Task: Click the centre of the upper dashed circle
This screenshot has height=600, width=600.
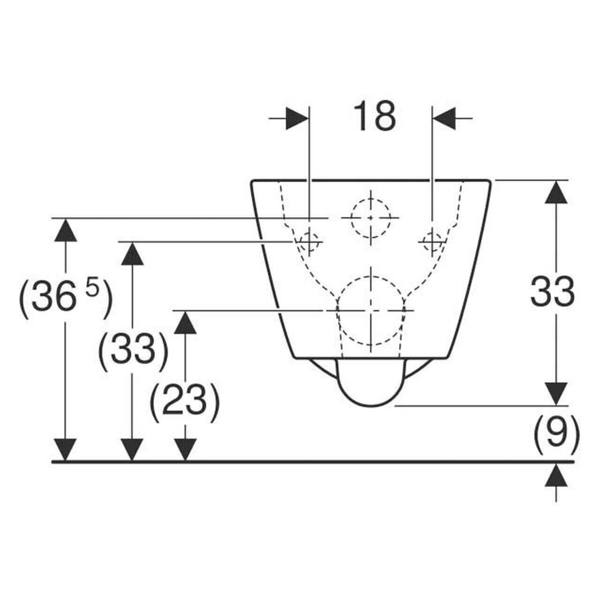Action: click(x=370, y=218)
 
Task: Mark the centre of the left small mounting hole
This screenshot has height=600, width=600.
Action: click(x=309, y=241)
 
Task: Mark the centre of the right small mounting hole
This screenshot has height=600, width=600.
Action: click(x=432, y=241)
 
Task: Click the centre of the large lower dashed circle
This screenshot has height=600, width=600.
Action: click(x=370, y=310)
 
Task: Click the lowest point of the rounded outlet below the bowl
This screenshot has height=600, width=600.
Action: click(x=371, y=406)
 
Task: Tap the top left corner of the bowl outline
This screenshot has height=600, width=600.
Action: click(x=252, y=180)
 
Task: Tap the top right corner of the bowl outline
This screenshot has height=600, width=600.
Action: click(x=490, y=180)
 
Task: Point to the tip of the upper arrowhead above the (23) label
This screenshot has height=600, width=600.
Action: click(x=185, y=311)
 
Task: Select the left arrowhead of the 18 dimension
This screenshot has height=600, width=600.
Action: click(x=297, y=118)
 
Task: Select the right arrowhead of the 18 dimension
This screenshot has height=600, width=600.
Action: click(x=444, y=118)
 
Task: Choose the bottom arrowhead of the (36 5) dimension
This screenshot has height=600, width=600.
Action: click(x=65, y=450)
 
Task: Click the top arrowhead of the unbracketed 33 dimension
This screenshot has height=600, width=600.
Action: click(x=556, y=193)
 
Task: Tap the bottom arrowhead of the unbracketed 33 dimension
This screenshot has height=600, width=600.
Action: click(x=556, y=394)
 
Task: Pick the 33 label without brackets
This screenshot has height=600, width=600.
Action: click(x=553, y=291)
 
